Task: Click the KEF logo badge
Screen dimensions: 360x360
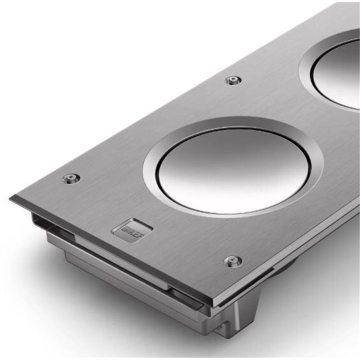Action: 132,229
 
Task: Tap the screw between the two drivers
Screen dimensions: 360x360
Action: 233,80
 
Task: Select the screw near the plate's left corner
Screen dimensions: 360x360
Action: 71,178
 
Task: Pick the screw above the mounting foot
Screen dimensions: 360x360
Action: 233,261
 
